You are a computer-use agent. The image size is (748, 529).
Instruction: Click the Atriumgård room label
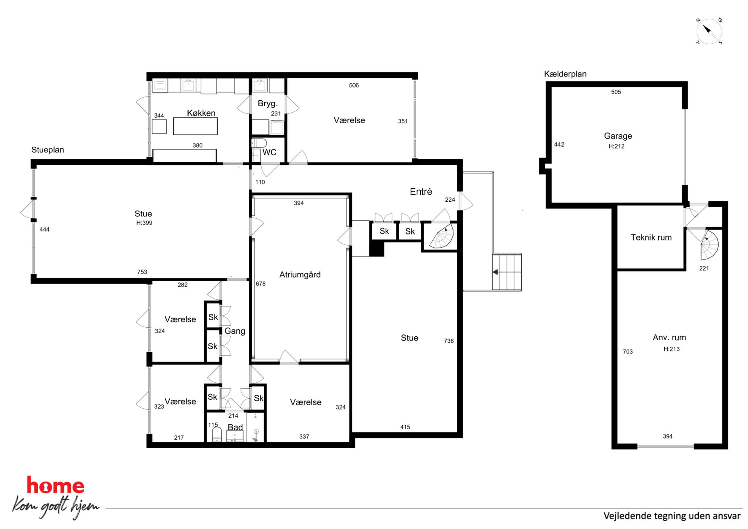pyautogui.click(x=300, y=274)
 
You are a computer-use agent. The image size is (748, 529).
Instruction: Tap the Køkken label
pyautogui.click(x=201, y=113)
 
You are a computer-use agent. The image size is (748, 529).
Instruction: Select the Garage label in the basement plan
pyautogui.click(x=618, y=136)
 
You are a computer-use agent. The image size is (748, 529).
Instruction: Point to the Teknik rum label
pyautogui.click(x=651, y=237)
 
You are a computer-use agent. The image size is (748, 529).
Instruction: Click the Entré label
pyautogui.click(x=421, y=192)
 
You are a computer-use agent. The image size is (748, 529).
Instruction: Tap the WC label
pyautogui.click(x=269, y=152)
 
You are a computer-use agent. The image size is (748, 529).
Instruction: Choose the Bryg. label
pyautogui.click(x=267, y=103)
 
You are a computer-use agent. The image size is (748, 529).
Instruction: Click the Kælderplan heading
pyautogui.click(x=565, y=74)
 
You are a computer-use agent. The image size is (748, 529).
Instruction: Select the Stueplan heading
pyautogui.click(x=48, y=150)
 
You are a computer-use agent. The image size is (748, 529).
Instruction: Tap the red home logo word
pyautogui.click(x=55, y=485)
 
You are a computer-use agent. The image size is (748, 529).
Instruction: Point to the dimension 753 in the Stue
pyautogui.click(x=142, y=272)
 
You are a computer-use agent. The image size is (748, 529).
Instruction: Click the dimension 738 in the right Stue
pyautogui.click(x=449, y=341)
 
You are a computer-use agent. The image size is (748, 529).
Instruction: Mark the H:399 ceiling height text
pyautogui.click(x=144, y=223)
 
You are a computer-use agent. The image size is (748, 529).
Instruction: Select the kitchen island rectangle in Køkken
pyautogui.click(x=195, y=126)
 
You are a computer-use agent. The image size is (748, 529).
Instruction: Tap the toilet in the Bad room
pyautogui.click(x=217, y=434)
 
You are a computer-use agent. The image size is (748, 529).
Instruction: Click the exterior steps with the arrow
pyautogui.click(x=507, y=272)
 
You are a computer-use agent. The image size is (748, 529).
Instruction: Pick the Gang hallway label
pyautogui.click(x=235, y=331)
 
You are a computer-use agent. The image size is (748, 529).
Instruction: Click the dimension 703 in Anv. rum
pyautogui.click(x=628, y=351)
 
